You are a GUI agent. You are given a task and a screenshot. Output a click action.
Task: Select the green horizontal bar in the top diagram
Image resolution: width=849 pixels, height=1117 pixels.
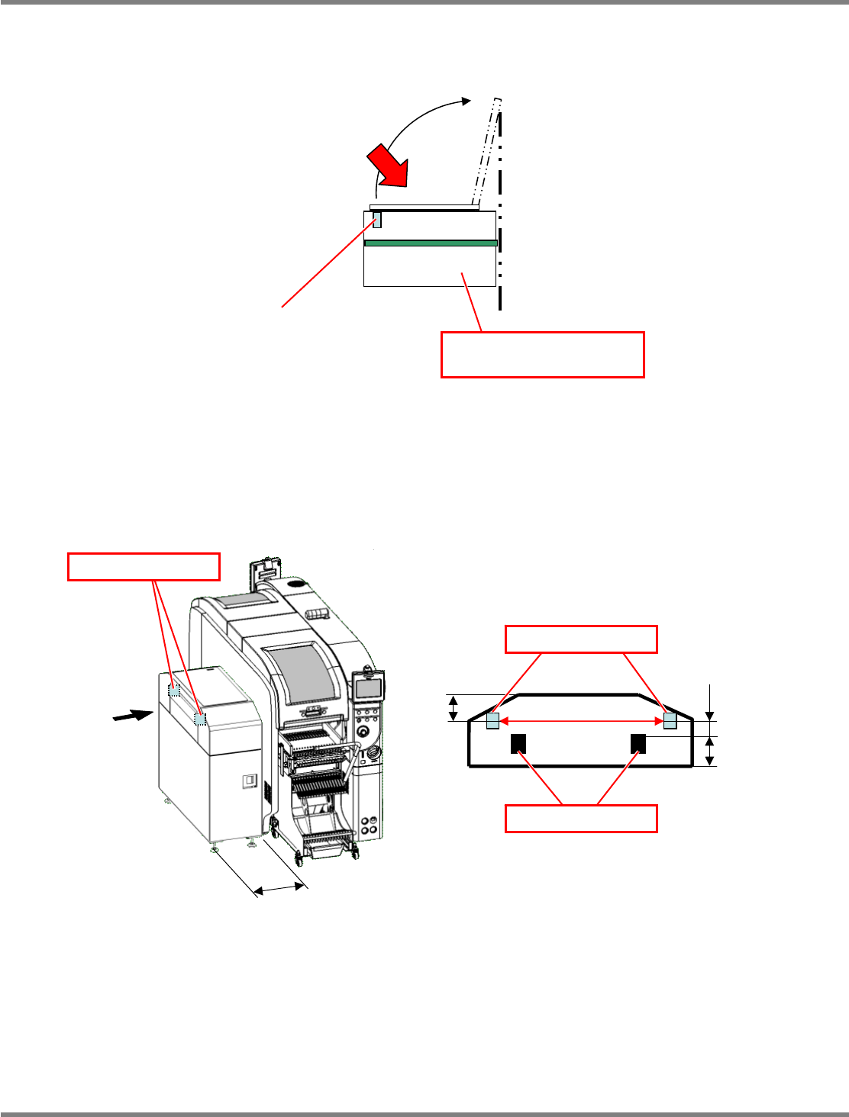click(431, 243)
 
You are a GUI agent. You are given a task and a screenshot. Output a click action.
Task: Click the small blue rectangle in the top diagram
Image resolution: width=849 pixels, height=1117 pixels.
click(376, 220)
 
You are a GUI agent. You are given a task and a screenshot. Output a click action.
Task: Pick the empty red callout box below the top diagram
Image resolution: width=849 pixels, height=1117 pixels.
click(542, 354)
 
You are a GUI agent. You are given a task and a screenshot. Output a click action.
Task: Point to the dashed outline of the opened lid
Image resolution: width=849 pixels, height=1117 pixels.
click(488, 153)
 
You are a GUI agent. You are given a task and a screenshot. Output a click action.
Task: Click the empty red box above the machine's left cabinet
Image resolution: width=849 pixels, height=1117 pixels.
click(144, 567)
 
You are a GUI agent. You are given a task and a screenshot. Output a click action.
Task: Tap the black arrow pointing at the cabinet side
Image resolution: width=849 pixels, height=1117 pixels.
click(131, 715)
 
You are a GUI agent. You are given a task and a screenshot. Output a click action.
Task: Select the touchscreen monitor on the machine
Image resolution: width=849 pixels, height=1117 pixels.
click(368, 687)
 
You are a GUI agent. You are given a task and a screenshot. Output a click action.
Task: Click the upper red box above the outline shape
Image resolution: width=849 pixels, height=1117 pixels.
click(581, 639)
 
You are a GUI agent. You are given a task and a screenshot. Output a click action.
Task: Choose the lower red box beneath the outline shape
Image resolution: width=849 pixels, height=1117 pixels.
click(581, 818)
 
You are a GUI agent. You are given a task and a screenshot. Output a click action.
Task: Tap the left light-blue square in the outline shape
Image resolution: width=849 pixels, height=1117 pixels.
click(492, 721)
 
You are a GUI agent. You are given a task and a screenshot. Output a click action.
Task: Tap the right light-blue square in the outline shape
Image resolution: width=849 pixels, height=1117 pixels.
click(670, 721)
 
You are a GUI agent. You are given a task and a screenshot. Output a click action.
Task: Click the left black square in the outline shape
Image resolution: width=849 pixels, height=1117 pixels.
click(518, 743)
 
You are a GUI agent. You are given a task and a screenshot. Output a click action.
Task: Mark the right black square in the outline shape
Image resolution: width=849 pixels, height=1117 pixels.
click(638, 743)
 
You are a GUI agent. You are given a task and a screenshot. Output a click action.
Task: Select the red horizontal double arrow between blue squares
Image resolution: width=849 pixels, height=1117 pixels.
click(581, 721)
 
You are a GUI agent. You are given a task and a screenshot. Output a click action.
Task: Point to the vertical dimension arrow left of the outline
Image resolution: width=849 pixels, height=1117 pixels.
click(454, 707)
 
